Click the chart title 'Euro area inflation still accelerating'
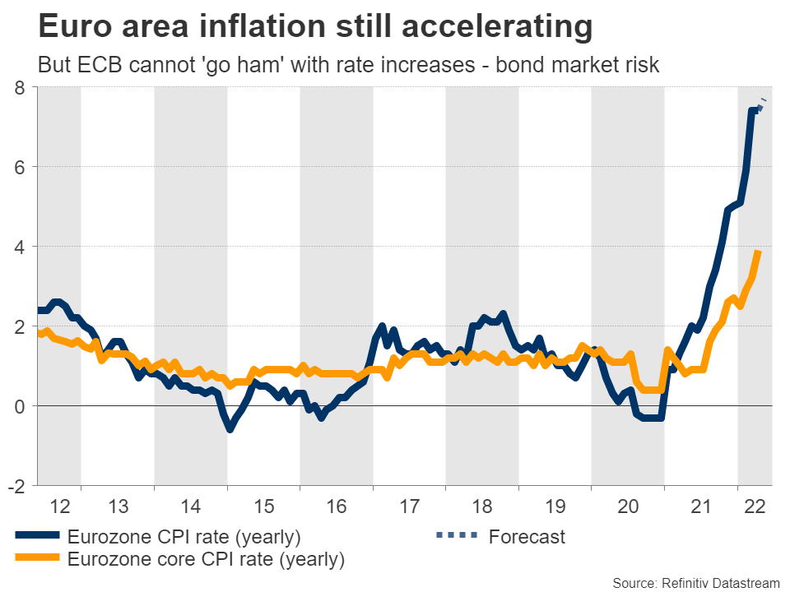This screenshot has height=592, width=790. pyautogui.click(x=315, y=28)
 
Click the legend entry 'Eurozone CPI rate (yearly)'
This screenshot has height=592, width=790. pyautogui.click(x=184, y=538)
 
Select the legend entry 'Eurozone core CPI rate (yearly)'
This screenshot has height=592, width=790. pyautogui.click(x=206, y=560)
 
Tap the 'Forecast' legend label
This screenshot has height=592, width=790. pyautogui.click(x=527, y=538)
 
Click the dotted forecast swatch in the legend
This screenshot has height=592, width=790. pyautogui.click(x=456, y=537)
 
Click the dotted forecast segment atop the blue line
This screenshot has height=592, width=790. pyautogui.click(x=762, y=104)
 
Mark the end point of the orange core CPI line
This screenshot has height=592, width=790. pyautogui.click(x=758, y=252)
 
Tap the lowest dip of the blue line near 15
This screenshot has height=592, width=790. pyautogui.click(x=230, y=428)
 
